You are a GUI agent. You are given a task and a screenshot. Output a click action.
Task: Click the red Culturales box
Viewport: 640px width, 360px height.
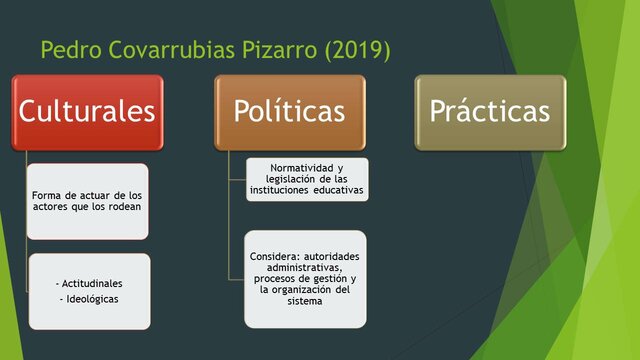pos(87,112)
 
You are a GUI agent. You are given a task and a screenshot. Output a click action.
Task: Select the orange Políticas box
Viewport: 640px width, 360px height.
pos(290,112)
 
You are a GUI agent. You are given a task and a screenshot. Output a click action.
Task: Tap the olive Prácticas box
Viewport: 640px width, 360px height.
pos(490,112)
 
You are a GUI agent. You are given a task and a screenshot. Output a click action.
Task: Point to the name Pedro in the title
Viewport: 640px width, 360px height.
pos(71,48)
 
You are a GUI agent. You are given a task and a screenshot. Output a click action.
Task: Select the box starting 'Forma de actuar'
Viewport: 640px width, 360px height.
pos(87,200)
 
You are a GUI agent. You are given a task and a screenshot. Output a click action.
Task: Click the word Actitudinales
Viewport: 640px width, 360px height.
pos(89,285)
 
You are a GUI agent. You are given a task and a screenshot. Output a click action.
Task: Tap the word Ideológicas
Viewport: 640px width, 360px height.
pos(89,299)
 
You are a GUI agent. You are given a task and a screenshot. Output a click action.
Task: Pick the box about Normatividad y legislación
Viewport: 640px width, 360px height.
pos(306,179)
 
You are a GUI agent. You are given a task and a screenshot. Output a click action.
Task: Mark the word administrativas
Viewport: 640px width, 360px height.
pos(305,267)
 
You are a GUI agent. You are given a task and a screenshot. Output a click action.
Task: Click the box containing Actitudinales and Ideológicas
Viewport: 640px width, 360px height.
pos(87,290)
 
